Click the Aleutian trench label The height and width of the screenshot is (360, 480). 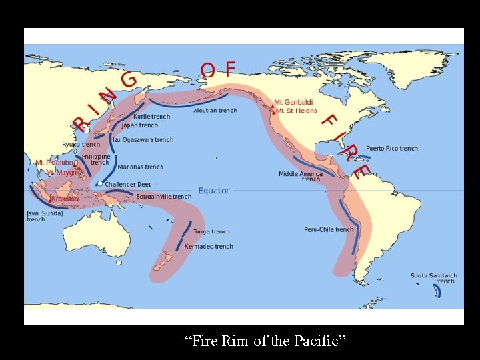[215, 111]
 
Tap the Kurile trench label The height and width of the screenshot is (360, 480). [151, 117]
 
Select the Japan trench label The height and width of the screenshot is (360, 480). [140, 125]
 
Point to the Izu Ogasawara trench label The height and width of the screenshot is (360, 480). [143, 140]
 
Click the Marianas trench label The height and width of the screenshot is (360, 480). [140, 167]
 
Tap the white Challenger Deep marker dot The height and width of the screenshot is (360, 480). [99, 183]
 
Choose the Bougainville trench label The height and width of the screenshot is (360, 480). [163, 197]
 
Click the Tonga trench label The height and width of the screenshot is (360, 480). [211, 232]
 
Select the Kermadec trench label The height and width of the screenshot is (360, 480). [209, 247]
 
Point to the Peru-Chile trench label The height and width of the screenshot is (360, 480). [329, 230]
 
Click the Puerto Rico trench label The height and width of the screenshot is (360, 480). [392, 149]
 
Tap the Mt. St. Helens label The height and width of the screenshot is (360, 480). [297, 111]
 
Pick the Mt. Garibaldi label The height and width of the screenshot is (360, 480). [293, 103]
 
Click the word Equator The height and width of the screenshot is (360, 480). [213, 191]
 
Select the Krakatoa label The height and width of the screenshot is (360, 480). [65, 199]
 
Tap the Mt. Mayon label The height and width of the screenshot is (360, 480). [61, 173]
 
